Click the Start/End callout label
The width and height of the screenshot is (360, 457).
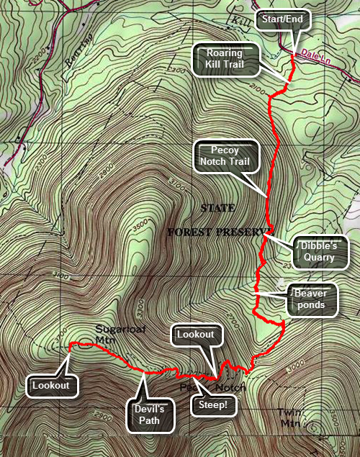284,19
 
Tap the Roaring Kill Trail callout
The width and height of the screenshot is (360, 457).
224,59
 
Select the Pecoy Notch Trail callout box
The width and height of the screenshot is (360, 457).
225,156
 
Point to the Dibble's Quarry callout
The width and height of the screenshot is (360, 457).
319,250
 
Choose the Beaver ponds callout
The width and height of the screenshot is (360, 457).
314,299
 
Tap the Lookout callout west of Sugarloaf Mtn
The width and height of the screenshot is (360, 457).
50,385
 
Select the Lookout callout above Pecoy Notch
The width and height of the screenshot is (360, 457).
195,335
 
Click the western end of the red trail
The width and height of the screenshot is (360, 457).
69,347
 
